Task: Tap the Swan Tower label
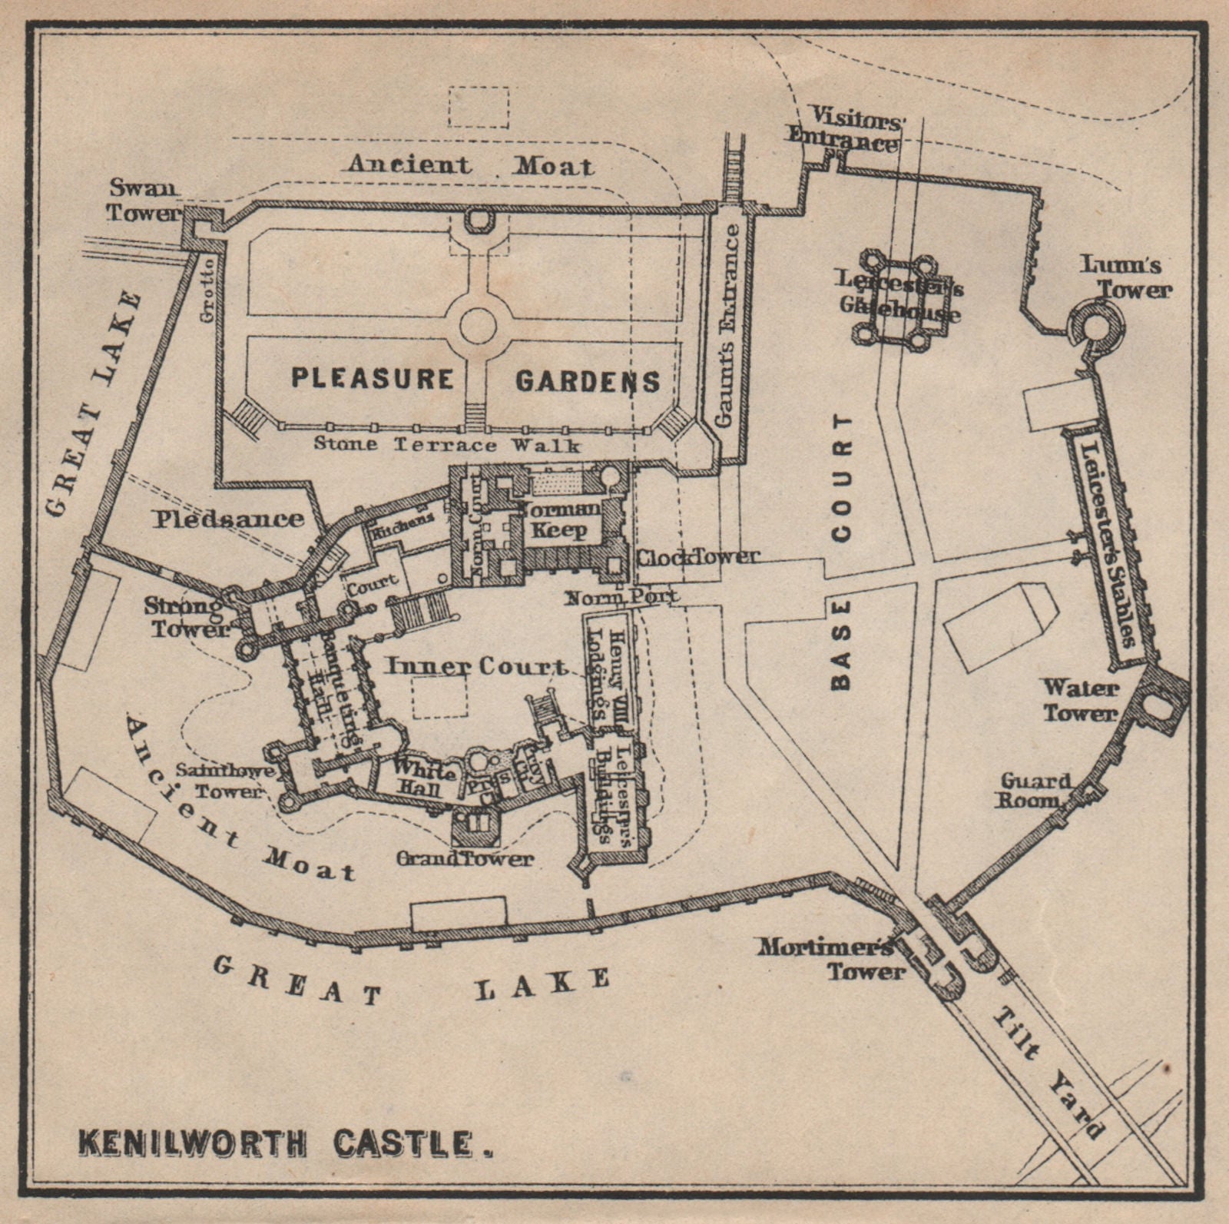pyautogui.click(x=143, y=199)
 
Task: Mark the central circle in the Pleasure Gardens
pyautogui.click(x=477, y=327)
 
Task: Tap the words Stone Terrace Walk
pyautogui.click(x=447, y=443)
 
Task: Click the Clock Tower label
pyautogui.click(x=697, y=556)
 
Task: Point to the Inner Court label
pyautogui.click(x=475, y=665)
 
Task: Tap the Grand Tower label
pyautogui.click(x=465, y=857)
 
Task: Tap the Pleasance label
pyautogui.click(x=228, y=519)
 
